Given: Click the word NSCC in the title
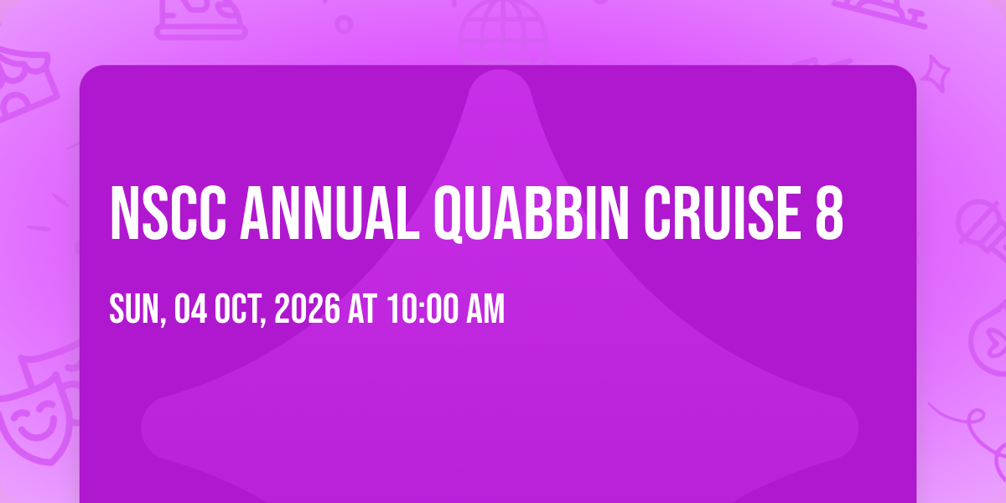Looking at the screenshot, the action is (168, 213).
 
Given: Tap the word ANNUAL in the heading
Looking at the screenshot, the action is (330, 213).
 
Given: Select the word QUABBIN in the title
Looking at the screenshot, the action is (532, 215).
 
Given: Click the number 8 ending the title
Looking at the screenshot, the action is (829, 213).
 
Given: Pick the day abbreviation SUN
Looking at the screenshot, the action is (137, 309).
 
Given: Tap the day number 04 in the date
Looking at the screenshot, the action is (191, 309).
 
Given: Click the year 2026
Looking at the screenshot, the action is (307, 309).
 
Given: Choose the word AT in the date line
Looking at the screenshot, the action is (362, 309).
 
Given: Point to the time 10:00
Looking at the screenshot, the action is (423, 309).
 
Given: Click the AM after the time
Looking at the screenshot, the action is (485, 309).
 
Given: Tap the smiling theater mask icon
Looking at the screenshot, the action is (36, 420).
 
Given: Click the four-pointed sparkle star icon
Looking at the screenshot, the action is (935, 74).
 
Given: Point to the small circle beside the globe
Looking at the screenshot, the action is (344, 24).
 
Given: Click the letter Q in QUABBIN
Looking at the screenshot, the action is (449, 215).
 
